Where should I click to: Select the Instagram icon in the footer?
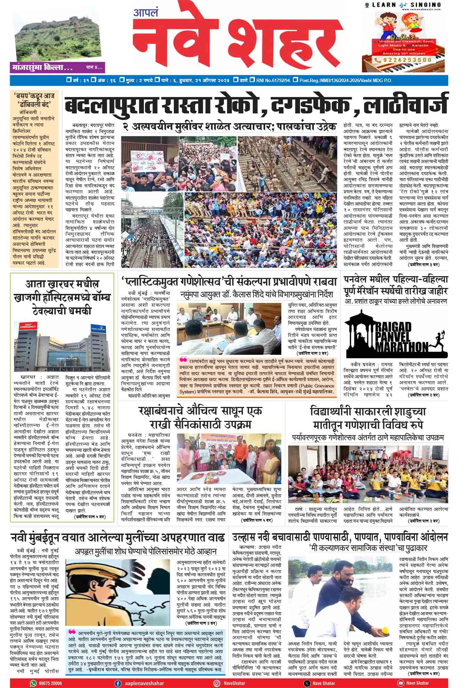tap(216, 683)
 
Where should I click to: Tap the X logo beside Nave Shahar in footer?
tap(306, 683)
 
